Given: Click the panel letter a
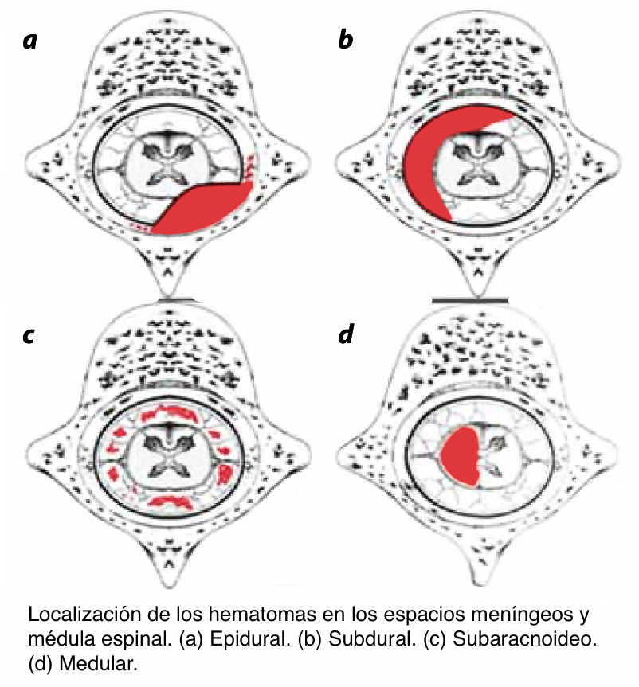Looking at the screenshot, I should click(x=29, y=40).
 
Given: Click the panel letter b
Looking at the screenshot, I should click(x=345, y=40).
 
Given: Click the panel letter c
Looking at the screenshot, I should click(x=29, y=335).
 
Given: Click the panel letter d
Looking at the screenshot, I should click(x=345, y=335).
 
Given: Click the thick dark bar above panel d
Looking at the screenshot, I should click(x=469, y=299).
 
